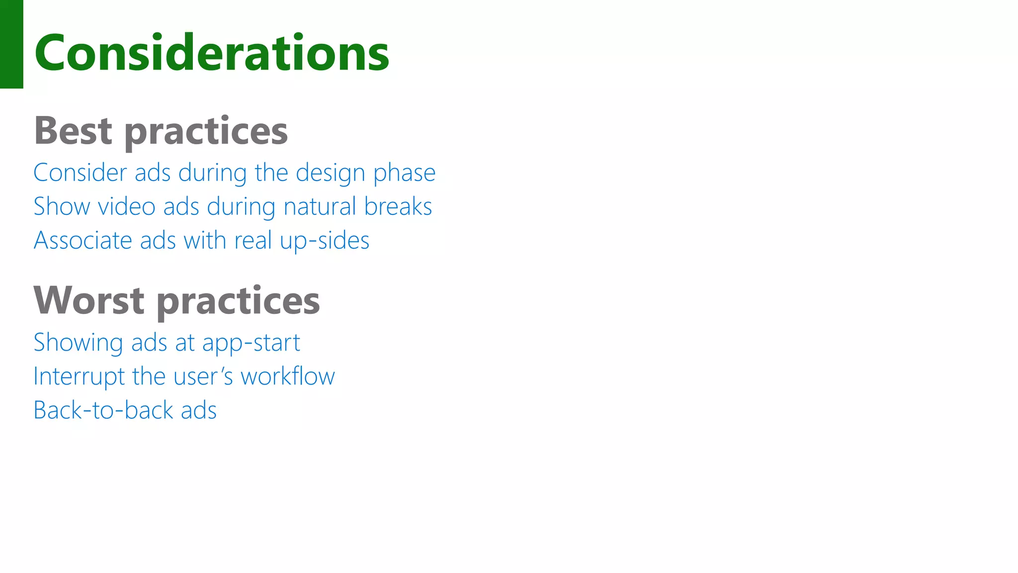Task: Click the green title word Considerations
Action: [212, 53]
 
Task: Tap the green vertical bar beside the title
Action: [11, 44]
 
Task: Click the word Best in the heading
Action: [73, 131]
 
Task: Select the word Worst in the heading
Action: [89, 300]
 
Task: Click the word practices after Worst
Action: [238, 301]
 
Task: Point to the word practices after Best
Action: [206, 132]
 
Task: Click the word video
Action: [127, 207]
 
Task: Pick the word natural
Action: [320, 207]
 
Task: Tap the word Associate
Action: [83, 241]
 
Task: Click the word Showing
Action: [78, 343]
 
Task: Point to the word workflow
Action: [288, 377]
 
